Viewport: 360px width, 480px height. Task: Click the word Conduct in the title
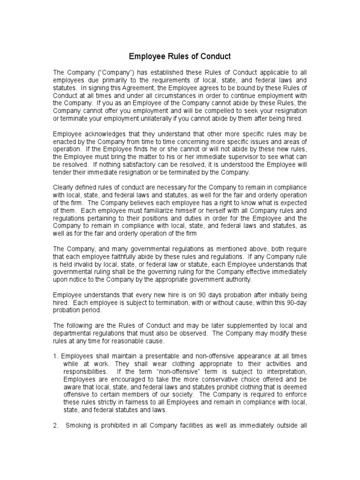point(214,57)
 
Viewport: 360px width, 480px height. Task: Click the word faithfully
point(117,256)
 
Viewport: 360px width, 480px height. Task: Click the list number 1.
point(55,356)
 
